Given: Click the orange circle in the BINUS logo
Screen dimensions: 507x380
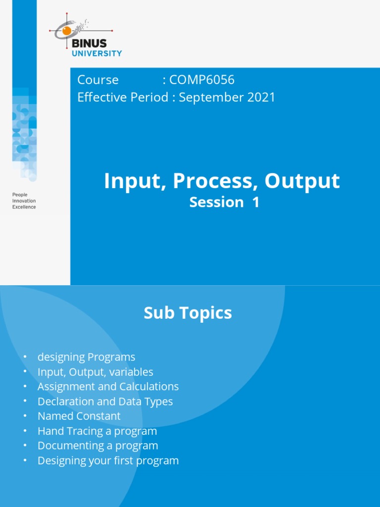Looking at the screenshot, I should point(66,31).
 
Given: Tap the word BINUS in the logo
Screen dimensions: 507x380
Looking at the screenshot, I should point(89,43).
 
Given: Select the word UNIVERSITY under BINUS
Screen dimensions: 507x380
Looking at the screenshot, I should point(96,53).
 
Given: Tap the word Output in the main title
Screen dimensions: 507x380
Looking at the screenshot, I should point(302,181).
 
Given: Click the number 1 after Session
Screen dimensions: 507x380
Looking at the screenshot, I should point(255,202).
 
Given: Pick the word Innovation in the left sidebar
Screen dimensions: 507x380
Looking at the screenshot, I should point(24,201).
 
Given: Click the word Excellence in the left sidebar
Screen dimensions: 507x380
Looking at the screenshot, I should point(24,207).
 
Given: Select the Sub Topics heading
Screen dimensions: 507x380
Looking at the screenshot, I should point(188,313).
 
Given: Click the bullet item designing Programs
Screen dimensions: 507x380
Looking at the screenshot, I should point(86,357).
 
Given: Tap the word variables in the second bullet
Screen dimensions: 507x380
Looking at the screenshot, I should point(130,372).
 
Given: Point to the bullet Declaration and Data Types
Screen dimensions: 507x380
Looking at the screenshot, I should point(105,402).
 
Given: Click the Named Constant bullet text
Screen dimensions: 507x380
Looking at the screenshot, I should point(79,416).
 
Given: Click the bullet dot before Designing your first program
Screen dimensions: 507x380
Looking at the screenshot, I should point(24,461).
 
